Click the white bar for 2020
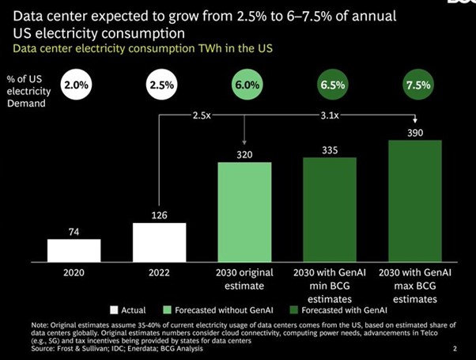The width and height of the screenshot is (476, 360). pyautogui.click(x=74, y=249)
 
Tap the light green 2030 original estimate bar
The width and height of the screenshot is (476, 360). pyautogui.click(x=244, y=211)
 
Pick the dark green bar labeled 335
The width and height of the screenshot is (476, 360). pyautogui.click(x=330, y=209)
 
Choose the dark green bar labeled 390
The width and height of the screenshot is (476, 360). pyautogui.click(x=414, y=201)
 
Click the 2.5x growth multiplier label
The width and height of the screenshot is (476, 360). pyautogui.click(x=202, y=114)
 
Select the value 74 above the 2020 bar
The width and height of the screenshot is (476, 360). pyautogui.click(x=74, y=231)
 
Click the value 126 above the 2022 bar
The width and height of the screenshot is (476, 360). pyautogui.click(x=159, y=214)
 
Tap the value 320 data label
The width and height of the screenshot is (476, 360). pyautogui.click(x=244, y=154)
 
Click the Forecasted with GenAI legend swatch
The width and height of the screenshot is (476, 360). pyautogui.click(x=295, y=310)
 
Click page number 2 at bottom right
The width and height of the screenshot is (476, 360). pyautogui.click(x=454, y=347)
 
